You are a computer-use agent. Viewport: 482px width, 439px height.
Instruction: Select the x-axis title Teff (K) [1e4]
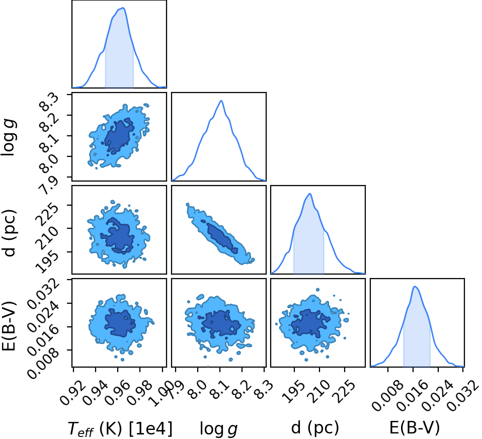tap(120, 428)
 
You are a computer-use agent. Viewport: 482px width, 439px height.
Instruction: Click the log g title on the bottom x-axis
tap(218, 428)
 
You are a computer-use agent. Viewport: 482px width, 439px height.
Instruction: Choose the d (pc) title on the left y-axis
tap(9, 232)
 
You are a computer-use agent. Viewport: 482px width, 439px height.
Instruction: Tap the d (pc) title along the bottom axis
tap(315, 427)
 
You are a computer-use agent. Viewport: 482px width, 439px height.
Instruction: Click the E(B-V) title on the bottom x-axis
tap(415, 427)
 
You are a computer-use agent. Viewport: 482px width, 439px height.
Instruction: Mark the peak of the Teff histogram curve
tap(123, 8)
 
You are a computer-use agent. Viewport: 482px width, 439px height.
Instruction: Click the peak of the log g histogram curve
tap(221, 101)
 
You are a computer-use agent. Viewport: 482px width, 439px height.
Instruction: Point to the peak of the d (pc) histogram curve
tap(310, 194)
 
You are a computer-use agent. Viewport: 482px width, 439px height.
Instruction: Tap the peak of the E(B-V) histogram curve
tap(415, 286)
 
